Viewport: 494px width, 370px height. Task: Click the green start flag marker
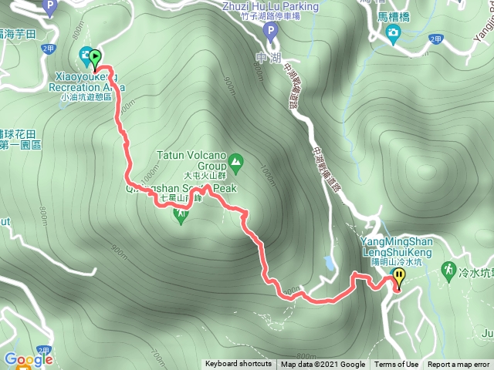[95, 56]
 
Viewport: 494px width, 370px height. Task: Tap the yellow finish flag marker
[399, 276]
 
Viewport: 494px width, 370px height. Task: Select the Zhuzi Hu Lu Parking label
[269, 6]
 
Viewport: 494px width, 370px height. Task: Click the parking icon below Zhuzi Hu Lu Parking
[269, 32]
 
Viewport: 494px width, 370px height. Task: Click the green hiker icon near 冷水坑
[447, 270]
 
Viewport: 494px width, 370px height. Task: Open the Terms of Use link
[397, 365]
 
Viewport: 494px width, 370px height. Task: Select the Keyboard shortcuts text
[238, 365]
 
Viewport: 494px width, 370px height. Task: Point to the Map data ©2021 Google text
[323, 365]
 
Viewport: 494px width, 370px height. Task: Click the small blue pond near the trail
[330, 263]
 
